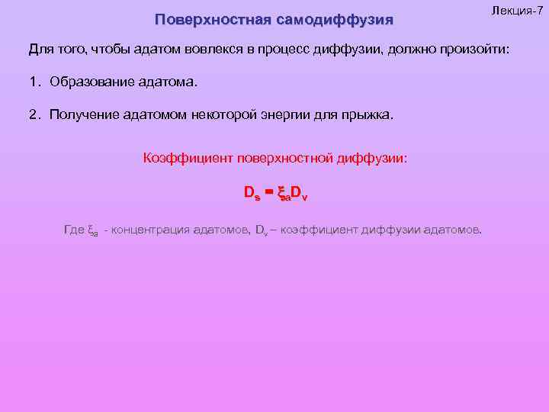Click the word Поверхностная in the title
coord(201,18)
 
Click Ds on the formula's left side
coord(252,194)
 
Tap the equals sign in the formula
coord(268,192)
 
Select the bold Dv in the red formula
coord(299,194)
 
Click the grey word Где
coord(74,229)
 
